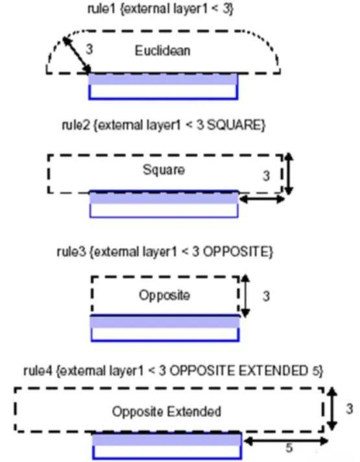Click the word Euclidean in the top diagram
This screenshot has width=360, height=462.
[162, 51]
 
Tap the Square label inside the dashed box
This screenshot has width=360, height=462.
[163, 170]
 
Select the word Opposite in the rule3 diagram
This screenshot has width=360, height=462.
[164, 295]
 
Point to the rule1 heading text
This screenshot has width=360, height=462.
[160, 8]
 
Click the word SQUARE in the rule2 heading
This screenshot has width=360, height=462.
[234, 125]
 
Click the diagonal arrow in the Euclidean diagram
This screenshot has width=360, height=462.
[77, 55]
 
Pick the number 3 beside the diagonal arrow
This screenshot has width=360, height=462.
[90, 49]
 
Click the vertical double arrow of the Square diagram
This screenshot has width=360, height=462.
[289, 174]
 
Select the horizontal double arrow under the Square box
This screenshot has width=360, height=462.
[262, 200]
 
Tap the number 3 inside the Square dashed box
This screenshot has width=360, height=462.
[266, 176]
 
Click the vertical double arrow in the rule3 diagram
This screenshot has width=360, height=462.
[245, 296]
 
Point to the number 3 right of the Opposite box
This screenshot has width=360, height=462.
[266, 296]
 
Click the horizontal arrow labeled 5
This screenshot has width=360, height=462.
[286, 441]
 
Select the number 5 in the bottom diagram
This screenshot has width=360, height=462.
[289, 448]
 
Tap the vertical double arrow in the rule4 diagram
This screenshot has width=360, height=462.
[332, 409]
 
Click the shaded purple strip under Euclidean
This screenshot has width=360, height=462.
[163, 79]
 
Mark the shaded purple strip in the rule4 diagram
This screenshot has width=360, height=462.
[167, 440]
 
